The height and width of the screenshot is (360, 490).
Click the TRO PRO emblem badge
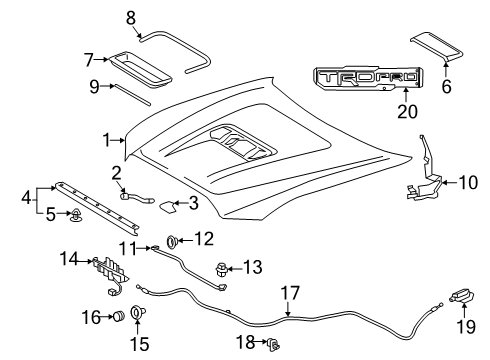pyautogui.click(x=369, y=78)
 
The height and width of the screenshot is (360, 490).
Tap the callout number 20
pyautogui.click(x=407, y=111)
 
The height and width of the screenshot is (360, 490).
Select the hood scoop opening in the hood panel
pyautogui.click(x=243, y=142)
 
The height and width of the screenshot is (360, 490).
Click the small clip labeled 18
pyautogui.click(x=274, y=344)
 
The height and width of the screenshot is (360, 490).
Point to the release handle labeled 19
pyautogui.click(x=463, y=296)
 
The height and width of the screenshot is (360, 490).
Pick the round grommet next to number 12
pyautogui.click(x=172, y=241)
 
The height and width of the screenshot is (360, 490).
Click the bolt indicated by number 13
pyautogui.click(x=221, y=269)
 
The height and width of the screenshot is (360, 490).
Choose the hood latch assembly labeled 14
pyautogui.click(x=109, y=275)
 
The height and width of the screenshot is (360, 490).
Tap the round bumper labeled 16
pyautogui.click(x=119, y=315)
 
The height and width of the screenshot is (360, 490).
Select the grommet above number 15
pyautogui.click(x=137, y=312)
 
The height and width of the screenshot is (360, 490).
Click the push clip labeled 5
pyautogui.click(x=74, y=215)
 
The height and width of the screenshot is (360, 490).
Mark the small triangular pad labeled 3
pyautogui.click(x=168, y=207)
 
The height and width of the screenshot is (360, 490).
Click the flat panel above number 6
pyautogui.click(x=437, y=47)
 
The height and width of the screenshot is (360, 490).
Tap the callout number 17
pyautogui.click(x=290, y=293)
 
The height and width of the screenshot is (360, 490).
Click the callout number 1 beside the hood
pyautogui.click(x=106, y=140)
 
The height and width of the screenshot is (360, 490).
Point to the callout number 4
pyautogui.click(x=26, y=197)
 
